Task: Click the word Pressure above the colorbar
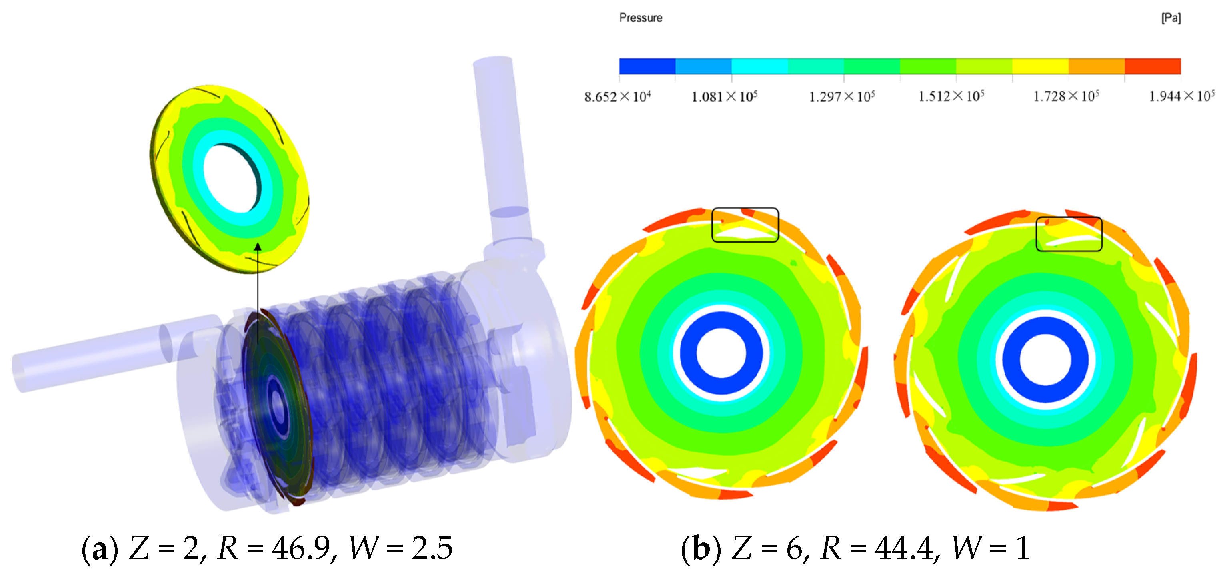pos(641,18)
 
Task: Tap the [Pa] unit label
pos(1171,18)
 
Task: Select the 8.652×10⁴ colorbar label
pos(618,96)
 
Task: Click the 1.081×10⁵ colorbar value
pos(724,96)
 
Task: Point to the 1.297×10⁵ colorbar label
pos(842,96)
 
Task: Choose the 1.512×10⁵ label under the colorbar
pos(951,96)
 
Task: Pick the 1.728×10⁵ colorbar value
pos(1066,96)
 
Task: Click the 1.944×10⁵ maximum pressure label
pos(1182,96)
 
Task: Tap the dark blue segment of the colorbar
pos(647,66)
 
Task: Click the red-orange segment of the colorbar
pos(1153,66)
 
